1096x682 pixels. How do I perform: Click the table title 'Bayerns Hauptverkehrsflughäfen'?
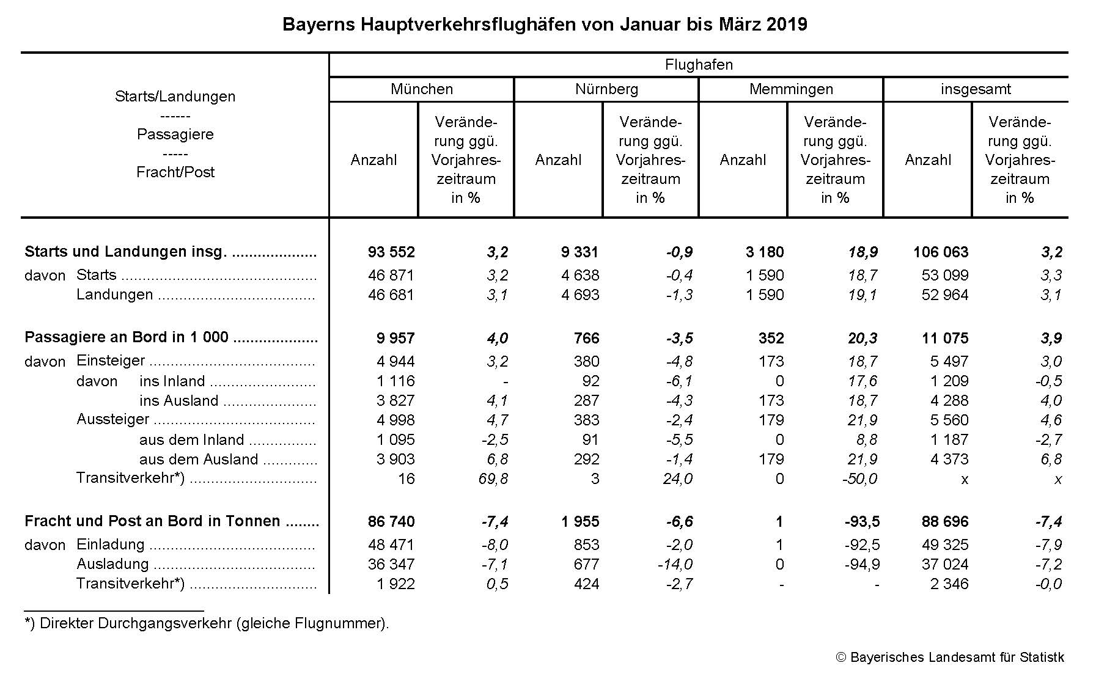[544, 24]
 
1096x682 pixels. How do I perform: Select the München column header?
[422, 89]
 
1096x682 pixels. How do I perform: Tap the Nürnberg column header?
[606, 89]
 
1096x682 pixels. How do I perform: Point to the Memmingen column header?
[791, 89]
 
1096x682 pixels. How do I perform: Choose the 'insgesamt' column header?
[976, 89]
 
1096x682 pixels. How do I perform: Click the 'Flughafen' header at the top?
[699, 65]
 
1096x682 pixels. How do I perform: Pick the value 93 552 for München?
[391, 252]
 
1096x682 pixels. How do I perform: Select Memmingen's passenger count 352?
[771, 339]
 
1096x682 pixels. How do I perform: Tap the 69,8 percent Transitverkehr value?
[493, 479]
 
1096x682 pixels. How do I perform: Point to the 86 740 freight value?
[391, 522]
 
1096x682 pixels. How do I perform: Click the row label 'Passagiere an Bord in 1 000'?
[127, 337]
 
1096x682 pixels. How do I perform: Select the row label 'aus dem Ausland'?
[199, 460]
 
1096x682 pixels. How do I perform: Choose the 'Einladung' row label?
[110, 544]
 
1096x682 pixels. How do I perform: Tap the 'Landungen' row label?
[114, 295]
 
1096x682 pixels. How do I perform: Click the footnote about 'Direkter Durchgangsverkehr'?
[207, 624]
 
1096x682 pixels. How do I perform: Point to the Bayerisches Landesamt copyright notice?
[950, 658]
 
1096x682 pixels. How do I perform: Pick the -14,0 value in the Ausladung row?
[675, 565]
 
